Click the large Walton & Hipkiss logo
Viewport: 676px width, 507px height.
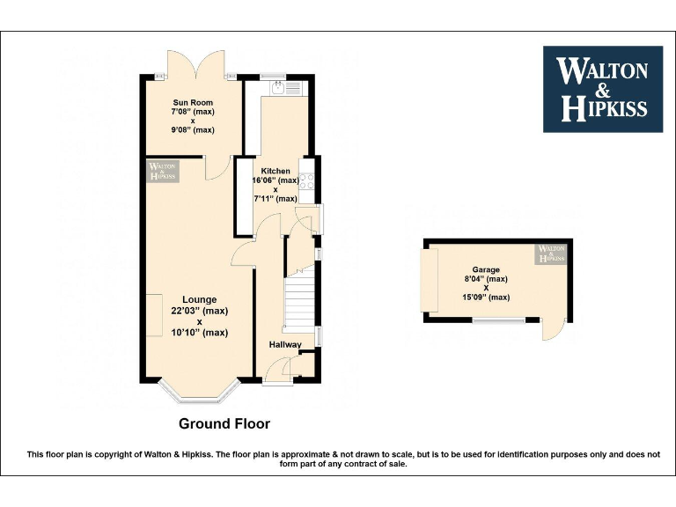(x=603, y=89)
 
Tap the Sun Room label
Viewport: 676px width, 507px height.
(x=193, y=103)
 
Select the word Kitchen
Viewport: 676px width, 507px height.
(x=276, y=171)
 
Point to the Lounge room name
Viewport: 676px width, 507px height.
(x=200, y=300)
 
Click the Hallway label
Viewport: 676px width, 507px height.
(x=285, y=344)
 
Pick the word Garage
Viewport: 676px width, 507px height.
(x=486, y=270)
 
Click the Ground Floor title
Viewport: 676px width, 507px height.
(x=224, y=423)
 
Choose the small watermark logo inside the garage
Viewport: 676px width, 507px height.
(x=552, y=254)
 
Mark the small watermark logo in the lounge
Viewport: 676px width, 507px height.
(x=163, y=171)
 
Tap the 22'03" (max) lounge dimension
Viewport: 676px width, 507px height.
(x=200, y=311)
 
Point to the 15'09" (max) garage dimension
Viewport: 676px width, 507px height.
(x=486, y=298)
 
